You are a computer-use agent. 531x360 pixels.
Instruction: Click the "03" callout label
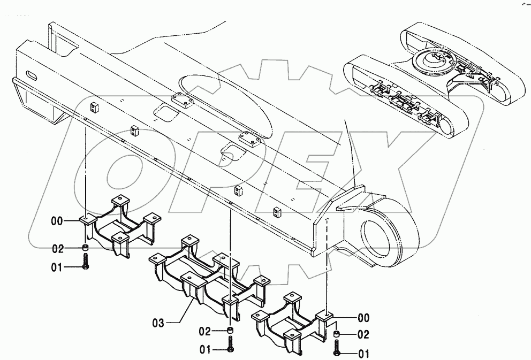(159, 323)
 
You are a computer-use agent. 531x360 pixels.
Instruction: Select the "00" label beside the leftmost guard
(58, 220)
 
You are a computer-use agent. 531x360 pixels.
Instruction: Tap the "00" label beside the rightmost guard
(364, 318)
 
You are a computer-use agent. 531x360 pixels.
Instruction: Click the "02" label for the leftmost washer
(58, 248)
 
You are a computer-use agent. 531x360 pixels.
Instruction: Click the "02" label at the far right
(364, 335)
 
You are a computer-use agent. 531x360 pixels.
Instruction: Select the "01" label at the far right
(364, 353)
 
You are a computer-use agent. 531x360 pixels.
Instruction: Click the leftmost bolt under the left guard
(86, 262)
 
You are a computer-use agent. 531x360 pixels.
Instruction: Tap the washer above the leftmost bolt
(86, 247)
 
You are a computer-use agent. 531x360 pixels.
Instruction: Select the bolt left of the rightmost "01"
(337, 349)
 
